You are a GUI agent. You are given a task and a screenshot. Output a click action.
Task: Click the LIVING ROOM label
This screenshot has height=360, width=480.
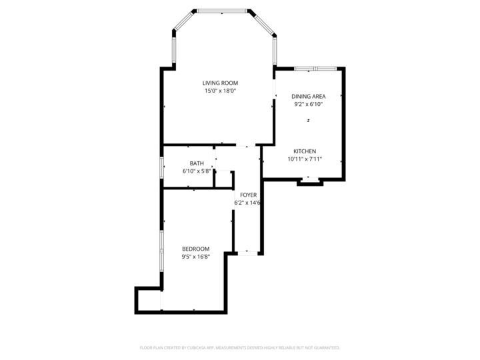[220, 83]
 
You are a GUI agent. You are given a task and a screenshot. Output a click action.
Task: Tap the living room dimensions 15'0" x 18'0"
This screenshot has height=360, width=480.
[220, 91]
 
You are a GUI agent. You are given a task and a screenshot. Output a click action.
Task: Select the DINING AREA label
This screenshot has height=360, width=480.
[308, 97]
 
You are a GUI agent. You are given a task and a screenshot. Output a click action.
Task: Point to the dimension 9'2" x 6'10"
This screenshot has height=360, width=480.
[308, 104]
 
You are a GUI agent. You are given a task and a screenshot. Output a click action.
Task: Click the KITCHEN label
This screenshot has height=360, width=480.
[305, 151]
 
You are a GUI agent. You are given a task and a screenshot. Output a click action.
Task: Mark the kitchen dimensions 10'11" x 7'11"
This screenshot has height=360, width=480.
[305, 159]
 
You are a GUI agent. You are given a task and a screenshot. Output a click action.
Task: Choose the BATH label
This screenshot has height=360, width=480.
[197, 163]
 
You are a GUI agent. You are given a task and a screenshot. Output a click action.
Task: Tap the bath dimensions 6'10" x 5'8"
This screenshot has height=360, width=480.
[197, 171]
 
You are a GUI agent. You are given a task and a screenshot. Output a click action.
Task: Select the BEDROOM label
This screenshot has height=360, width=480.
[195, 249]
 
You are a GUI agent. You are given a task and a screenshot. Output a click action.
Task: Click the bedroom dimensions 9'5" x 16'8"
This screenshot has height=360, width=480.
[195, 257]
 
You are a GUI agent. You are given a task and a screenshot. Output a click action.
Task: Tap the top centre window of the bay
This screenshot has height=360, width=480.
[221, 11]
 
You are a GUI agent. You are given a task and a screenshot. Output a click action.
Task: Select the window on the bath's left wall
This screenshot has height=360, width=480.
[161, 167]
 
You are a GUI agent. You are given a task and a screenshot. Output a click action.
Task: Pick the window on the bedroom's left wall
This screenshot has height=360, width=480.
[161, 251]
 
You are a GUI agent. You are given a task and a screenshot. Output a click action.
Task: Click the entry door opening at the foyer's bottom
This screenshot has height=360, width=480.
[247, 253]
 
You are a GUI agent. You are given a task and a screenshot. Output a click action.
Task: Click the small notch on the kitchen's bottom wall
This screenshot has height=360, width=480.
[309, 179]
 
